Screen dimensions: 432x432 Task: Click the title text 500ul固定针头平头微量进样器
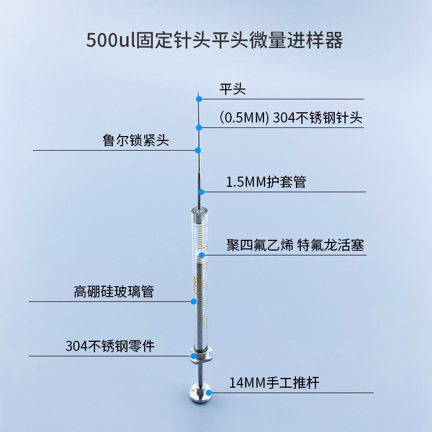tap(215, 40)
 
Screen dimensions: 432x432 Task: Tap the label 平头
tap(233, 89)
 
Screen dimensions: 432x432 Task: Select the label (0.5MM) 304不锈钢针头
tap(291, 118)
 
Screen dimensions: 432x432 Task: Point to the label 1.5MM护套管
tap(266, 182)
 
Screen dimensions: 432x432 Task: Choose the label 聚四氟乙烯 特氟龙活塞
tap(295, 245)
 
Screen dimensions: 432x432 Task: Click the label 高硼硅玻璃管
tap(114, 292)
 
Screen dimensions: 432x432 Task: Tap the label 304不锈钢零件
tap(110, 346)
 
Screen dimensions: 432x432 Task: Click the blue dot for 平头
tap(199, 99)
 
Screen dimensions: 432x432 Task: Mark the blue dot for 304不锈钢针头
tap(199, 127)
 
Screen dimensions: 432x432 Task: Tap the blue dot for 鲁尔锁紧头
tap(198, 150)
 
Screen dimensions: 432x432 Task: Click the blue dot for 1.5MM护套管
tap(201, 192)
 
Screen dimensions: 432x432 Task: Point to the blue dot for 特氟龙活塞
tap(201, 255)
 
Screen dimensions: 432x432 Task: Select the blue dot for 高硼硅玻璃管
tap(194, 302)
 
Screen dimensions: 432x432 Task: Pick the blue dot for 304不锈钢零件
tap(193, 356)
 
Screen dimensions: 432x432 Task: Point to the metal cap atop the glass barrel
tap(198, 215)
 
